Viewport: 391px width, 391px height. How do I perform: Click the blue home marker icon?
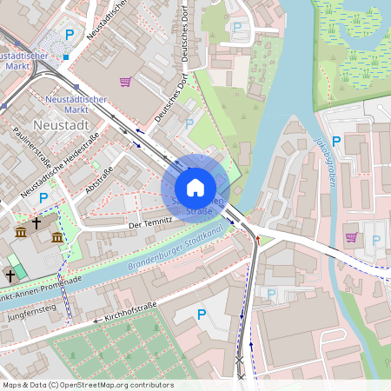(195, 188)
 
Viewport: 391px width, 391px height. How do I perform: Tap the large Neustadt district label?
(66, 126)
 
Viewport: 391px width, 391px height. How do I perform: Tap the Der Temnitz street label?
(145, 223)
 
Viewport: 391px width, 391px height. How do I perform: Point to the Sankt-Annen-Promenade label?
(43, 283)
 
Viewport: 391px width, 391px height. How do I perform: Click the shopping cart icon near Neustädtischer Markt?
(126, 82)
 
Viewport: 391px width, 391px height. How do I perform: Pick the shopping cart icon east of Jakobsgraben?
(351, 236)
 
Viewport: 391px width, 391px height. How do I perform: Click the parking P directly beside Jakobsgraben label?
(336, 141)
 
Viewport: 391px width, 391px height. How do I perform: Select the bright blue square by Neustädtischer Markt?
(65, 57)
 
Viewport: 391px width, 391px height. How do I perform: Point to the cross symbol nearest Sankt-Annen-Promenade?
(10, 275)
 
